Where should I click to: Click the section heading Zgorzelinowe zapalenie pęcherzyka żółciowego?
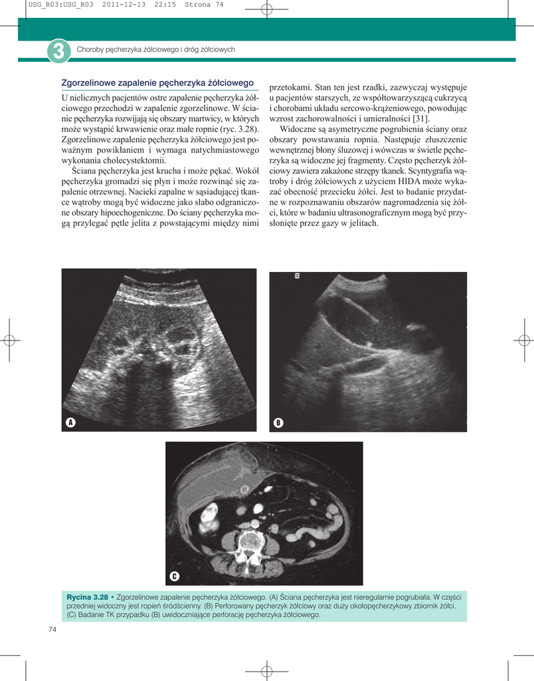click(158, 83)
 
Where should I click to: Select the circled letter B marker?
click(278, 423)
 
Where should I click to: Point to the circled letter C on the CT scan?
click(174, 576)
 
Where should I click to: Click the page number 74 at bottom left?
click(52, 629)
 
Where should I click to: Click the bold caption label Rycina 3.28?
click(87, 597)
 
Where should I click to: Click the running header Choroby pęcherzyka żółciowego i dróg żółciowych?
click(156, 50)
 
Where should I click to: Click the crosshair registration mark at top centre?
click(266, 9)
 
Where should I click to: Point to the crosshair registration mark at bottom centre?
click(266, 672)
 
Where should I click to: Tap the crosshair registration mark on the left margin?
click(9, 340)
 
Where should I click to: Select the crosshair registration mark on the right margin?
click(524, 340)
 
